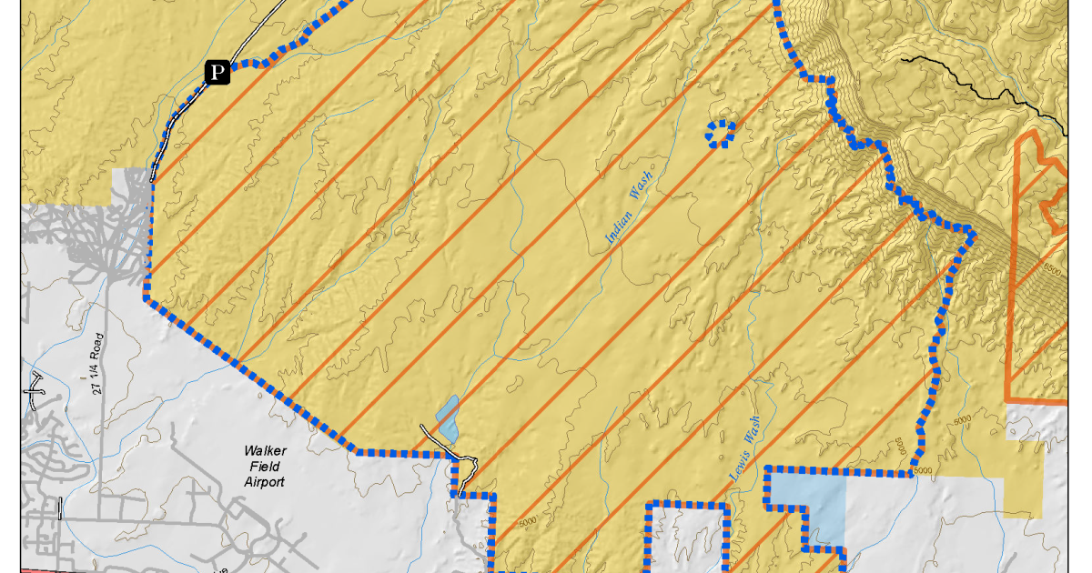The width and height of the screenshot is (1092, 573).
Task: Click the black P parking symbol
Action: pyautogui.click(x=217, y=72)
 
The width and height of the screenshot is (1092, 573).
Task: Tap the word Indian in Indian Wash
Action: pyautogui.click(x=621, y=227)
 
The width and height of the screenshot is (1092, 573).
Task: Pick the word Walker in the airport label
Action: pyautogui.click(x=264, y=450)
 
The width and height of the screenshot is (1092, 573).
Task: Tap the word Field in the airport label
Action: pyautogui.click(x=264, y=466)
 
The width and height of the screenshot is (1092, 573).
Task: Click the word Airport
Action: pyautogui.click(x=264, y=482)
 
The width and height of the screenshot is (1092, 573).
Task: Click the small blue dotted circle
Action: pyautogui.click(x=721, y=134)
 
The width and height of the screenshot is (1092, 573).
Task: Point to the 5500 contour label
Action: pyautogui.click(x=1052, y=269)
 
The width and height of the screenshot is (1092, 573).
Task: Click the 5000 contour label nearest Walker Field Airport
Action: pyautogui.click(x=524, y=523)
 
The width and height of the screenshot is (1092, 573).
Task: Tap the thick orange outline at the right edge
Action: pyautogui.click(x=1012, y=273)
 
